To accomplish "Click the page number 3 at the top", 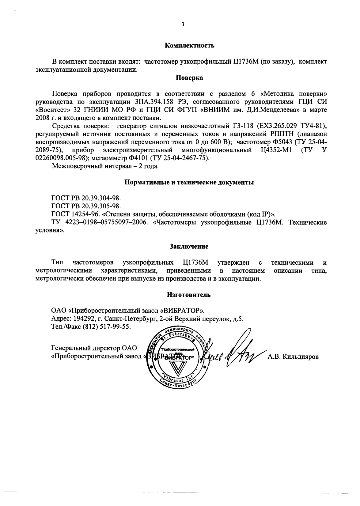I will [x=183, y=25].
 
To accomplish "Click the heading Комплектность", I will [x=189, y=46].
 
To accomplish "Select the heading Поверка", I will [x=189, y=78].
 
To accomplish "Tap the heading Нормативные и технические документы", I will [x=189, y=183].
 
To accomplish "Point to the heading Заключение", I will [x=189, y=246].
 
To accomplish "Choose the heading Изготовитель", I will [x=189, y=295].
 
